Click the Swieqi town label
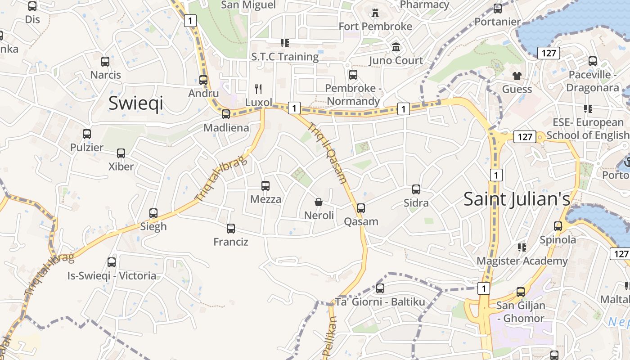[x=135, y=103]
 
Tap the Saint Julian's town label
[x=517, y=198]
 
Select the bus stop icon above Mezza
[x=265, y=185]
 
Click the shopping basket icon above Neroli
[x=319, y=202]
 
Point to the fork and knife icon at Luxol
[x=258, y=89]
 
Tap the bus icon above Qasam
[x=361, y=208]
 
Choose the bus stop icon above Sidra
[x=416, y=189]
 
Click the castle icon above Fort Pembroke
[x=375, y=13]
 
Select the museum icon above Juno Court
[x=396, y=47]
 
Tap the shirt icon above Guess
[x=517, y=76]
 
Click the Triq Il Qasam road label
[x=327, y=153]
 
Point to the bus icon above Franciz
[x=231, y=229]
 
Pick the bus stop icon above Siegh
[x=153, y=213]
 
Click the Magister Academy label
[x=522, y=261]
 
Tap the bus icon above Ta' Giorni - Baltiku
[x=380, y=288]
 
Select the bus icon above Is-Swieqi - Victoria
[x=112, y=262]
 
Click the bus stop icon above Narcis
[x=105, y=62]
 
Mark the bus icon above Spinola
[x=558, y=226]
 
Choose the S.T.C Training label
[x=285, y=57]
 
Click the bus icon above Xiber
[x=121, y=153]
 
